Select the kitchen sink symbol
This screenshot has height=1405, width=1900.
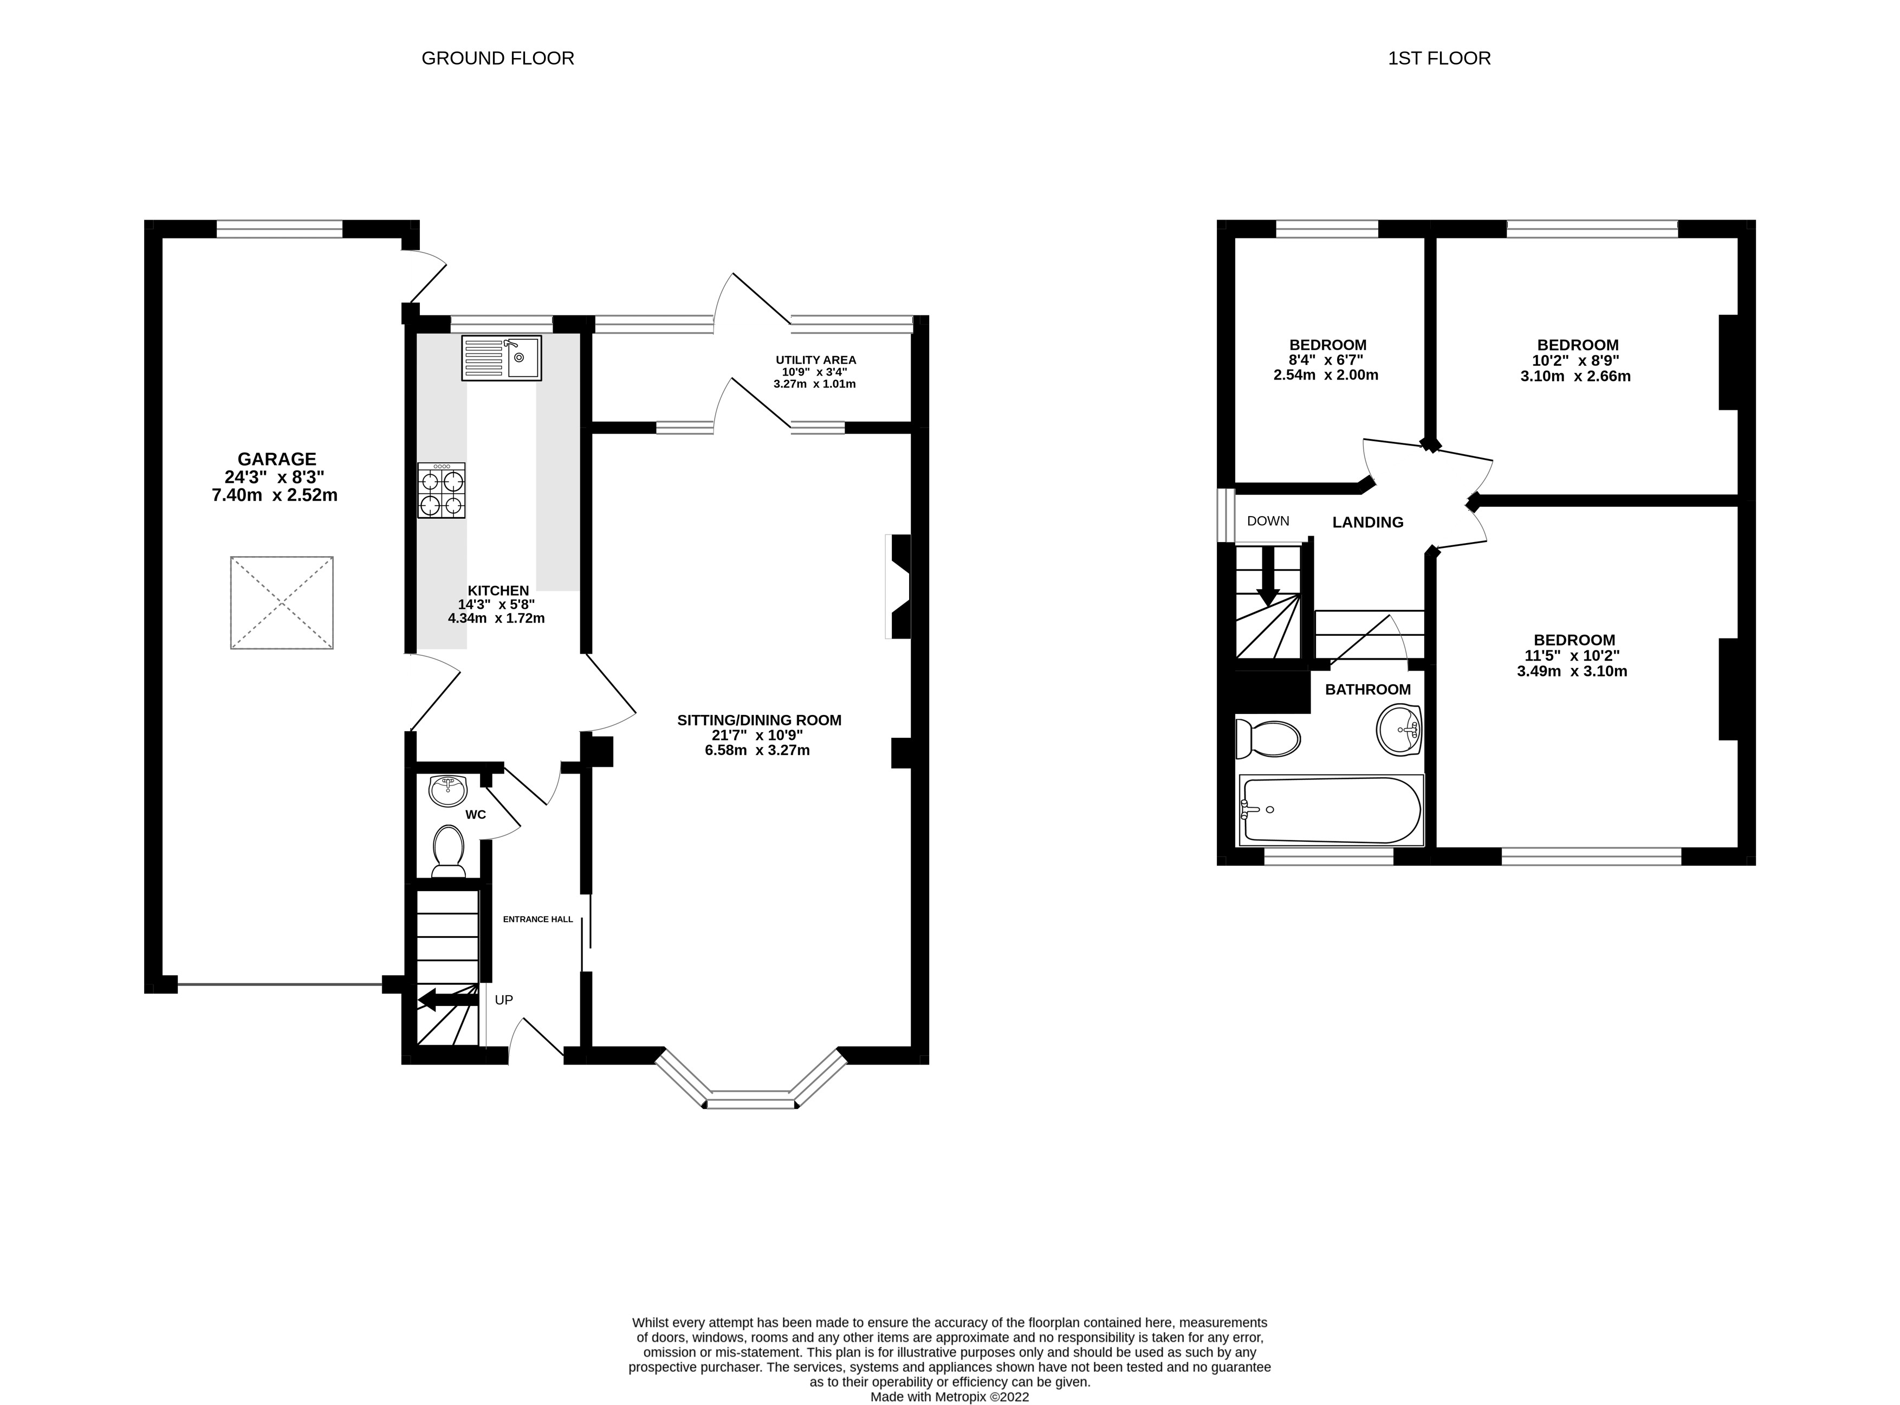(x=502, y=357)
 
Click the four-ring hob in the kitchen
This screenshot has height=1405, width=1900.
(x=441, y=491)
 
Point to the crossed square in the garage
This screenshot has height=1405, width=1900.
(x=281, y=602)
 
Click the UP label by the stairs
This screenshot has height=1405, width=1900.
(x=504, y=1000)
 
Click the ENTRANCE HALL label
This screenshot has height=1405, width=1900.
(x=537, y=919)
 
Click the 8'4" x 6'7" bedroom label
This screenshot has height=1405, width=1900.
(x=1327, y=360)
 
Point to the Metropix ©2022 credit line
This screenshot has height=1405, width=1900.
(x=950, y=1396)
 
